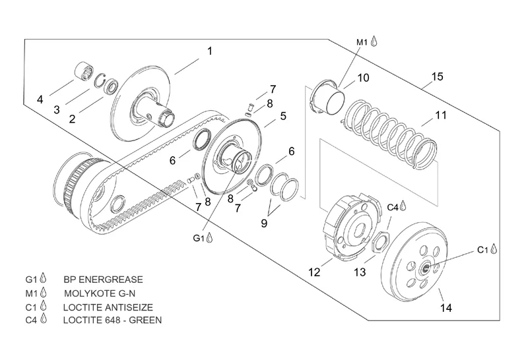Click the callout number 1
click(x=210, y=51)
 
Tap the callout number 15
click(x=437, y=76)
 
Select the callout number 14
click(x=446, y=308)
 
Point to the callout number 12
click(x=314, y=272)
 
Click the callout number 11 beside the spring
click(x=440, y=115)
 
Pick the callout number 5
click(x=283, y=116)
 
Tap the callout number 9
click(x=264, y=223)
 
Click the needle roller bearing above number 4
click(x=83, y=71)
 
